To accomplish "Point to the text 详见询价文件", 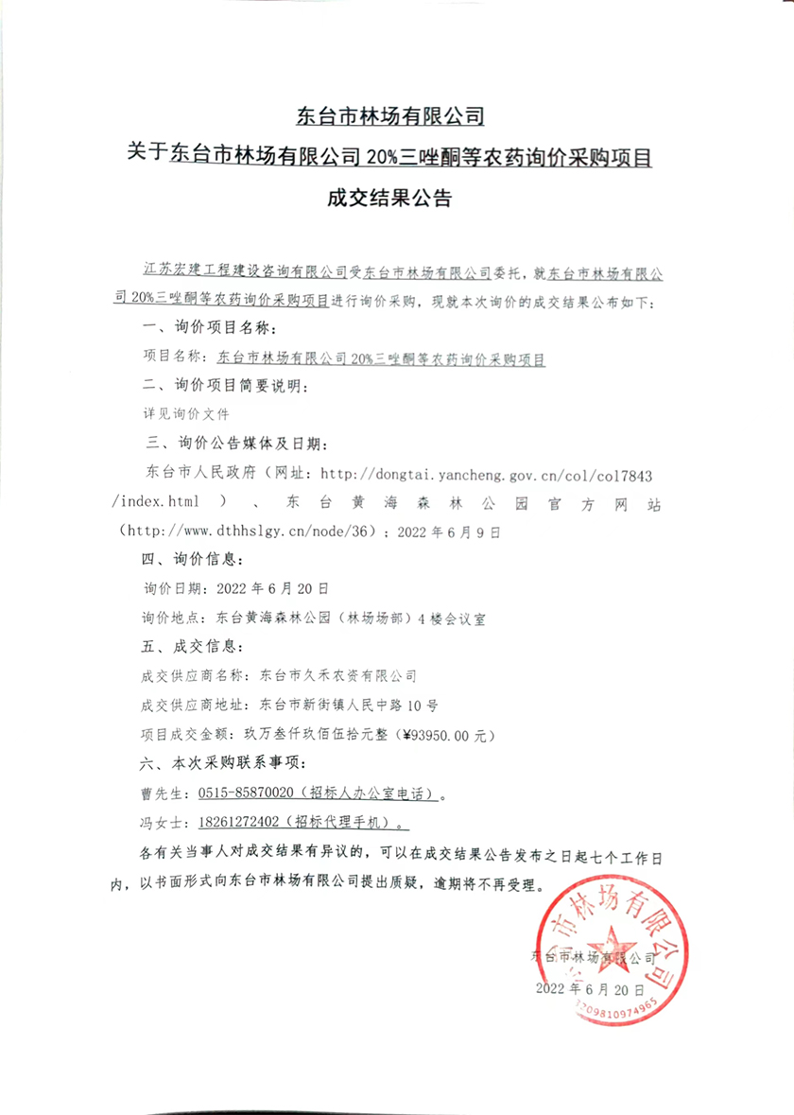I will tap(183, 413).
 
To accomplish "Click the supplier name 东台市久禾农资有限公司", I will tap(337, 676).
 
